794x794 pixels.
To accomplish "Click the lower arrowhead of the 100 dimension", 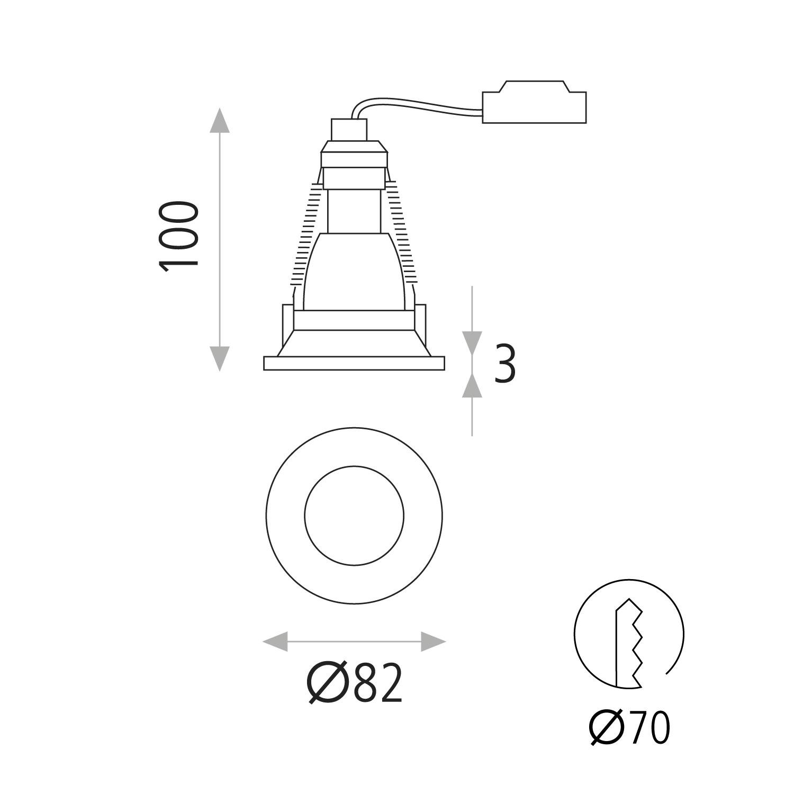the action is tap(219, 359).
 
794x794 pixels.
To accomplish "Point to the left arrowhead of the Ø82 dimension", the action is tap(275, 642).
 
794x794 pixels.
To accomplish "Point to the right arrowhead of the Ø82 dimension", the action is tap(434, 642).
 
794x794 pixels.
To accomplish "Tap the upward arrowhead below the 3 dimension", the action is tap(472, 385).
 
